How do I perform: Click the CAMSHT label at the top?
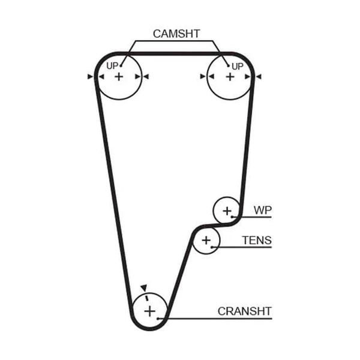[176, 34]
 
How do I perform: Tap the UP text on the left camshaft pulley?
[112, 66]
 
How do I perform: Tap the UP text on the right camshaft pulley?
[237, 67]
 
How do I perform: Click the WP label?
[263, 210]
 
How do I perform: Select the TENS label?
[257, 241]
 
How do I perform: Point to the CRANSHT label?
[245, 311]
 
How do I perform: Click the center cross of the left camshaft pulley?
[119, 77]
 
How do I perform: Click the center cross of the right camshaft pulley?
[230, 77]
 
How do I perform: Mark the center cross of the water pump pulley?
[227, 211]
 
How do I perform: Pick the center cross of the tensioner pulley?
[206, 241]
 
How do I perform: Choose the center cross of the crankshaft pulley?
[149, 311]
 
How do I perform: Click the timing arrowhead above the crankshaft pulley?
[144, 288]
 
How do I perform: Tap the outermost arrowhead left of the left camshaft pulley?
[90, 76]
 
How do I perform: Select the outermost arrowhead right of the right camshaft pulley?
[259, 76]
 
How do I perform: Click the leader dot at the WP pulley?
[232, 217]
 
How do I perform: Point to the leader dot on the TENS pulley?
[212, 247]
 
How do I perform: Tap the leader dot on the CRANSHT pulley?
[158, 319]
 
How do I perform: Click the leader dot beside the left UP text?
[121, 66]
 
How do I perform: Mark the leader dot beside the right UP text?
[229, 66]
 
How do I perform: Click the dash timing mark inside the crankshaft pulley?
[147, 298]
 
